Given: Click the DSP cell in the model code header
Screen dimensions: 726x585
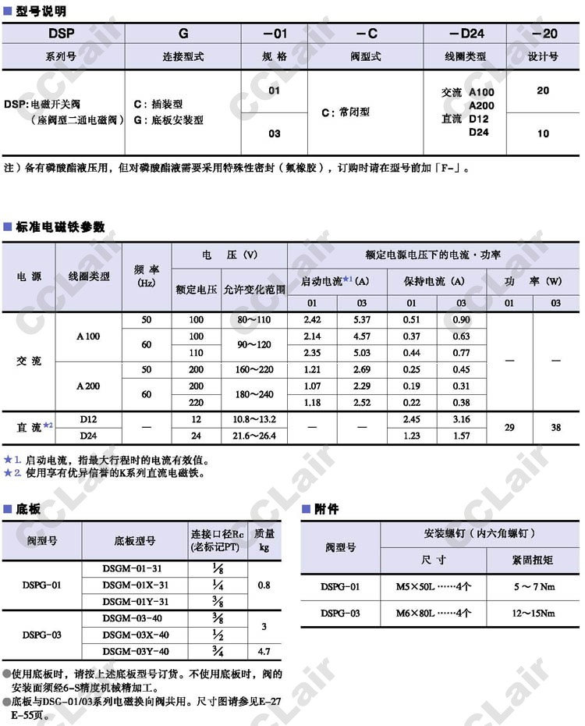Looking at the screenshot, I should click(x=62, y=34).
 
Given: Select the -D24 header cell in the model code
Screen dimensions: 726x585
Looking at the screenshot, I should click(x=466, y=34).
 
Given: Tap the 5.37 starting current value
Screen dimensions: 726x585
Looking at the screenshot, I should click(x=362, y=320).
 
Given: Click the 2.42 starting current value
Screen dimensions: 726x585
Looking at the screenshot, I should click(x=312, y=320).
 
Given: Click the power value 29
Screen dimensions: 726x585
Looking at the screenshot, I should click(x=509, y=427).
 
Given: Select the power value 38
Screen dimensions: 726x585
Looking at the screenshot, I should click(x=555, y=427).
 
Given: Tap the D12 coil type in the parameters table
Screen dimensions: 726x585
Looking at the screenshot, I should click(x=88, y=419).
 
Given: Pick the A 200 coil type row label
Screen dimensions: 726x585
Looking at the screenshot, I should click(x=88, y=386).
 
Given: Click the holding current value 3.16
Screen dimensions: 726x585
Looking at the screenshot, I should click(x=461, y=419).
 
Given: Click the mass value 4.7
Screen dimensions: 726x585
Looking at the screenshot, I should click(x=264, y=651).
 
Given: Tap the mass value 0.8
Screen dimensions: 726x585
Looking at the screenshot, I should click(x=264, y=585).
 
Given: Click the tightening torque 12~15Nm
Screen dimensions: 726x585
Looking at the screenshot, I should click(x=534, y=614).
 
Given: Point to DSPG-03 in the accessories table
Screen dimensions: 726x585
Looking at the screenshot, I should click(x=340, y=614).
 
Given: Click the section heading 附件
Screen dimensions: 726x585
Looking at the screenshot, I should click(x=326, y=509).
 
